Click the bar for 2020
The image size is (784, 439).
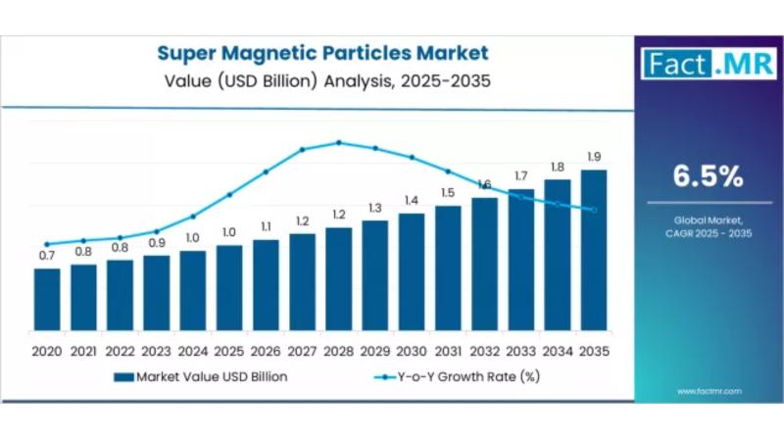click(47, 299)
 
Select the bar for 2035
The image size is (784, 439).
click(593, 250)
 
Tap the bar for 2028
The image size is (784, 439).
click(338, 278)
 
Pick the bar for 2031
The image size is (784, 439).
click(448, 268)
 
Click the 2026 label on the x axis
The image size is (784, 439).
click(266, 351)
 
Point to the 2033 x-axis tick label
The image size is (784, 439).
click(520, 351)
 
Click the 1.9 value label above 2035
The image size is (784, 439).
click(593, 157)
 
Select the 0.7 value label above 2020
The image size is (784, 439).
click(47, 256)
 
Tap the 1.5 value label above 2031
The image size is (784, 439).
click(448, 193)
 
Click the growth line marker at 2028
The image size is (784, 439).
click(338, 142)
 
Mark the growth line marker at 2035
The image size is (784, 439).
click(593, 210)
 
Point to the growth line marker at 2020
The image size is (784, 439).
click(47, 244)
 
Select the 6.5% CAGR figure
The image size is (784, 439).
click(707, 176)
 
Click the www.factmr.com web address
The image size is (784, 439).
click(709, 391)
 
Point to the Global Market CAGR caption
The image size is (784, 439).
click(707, 226)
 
